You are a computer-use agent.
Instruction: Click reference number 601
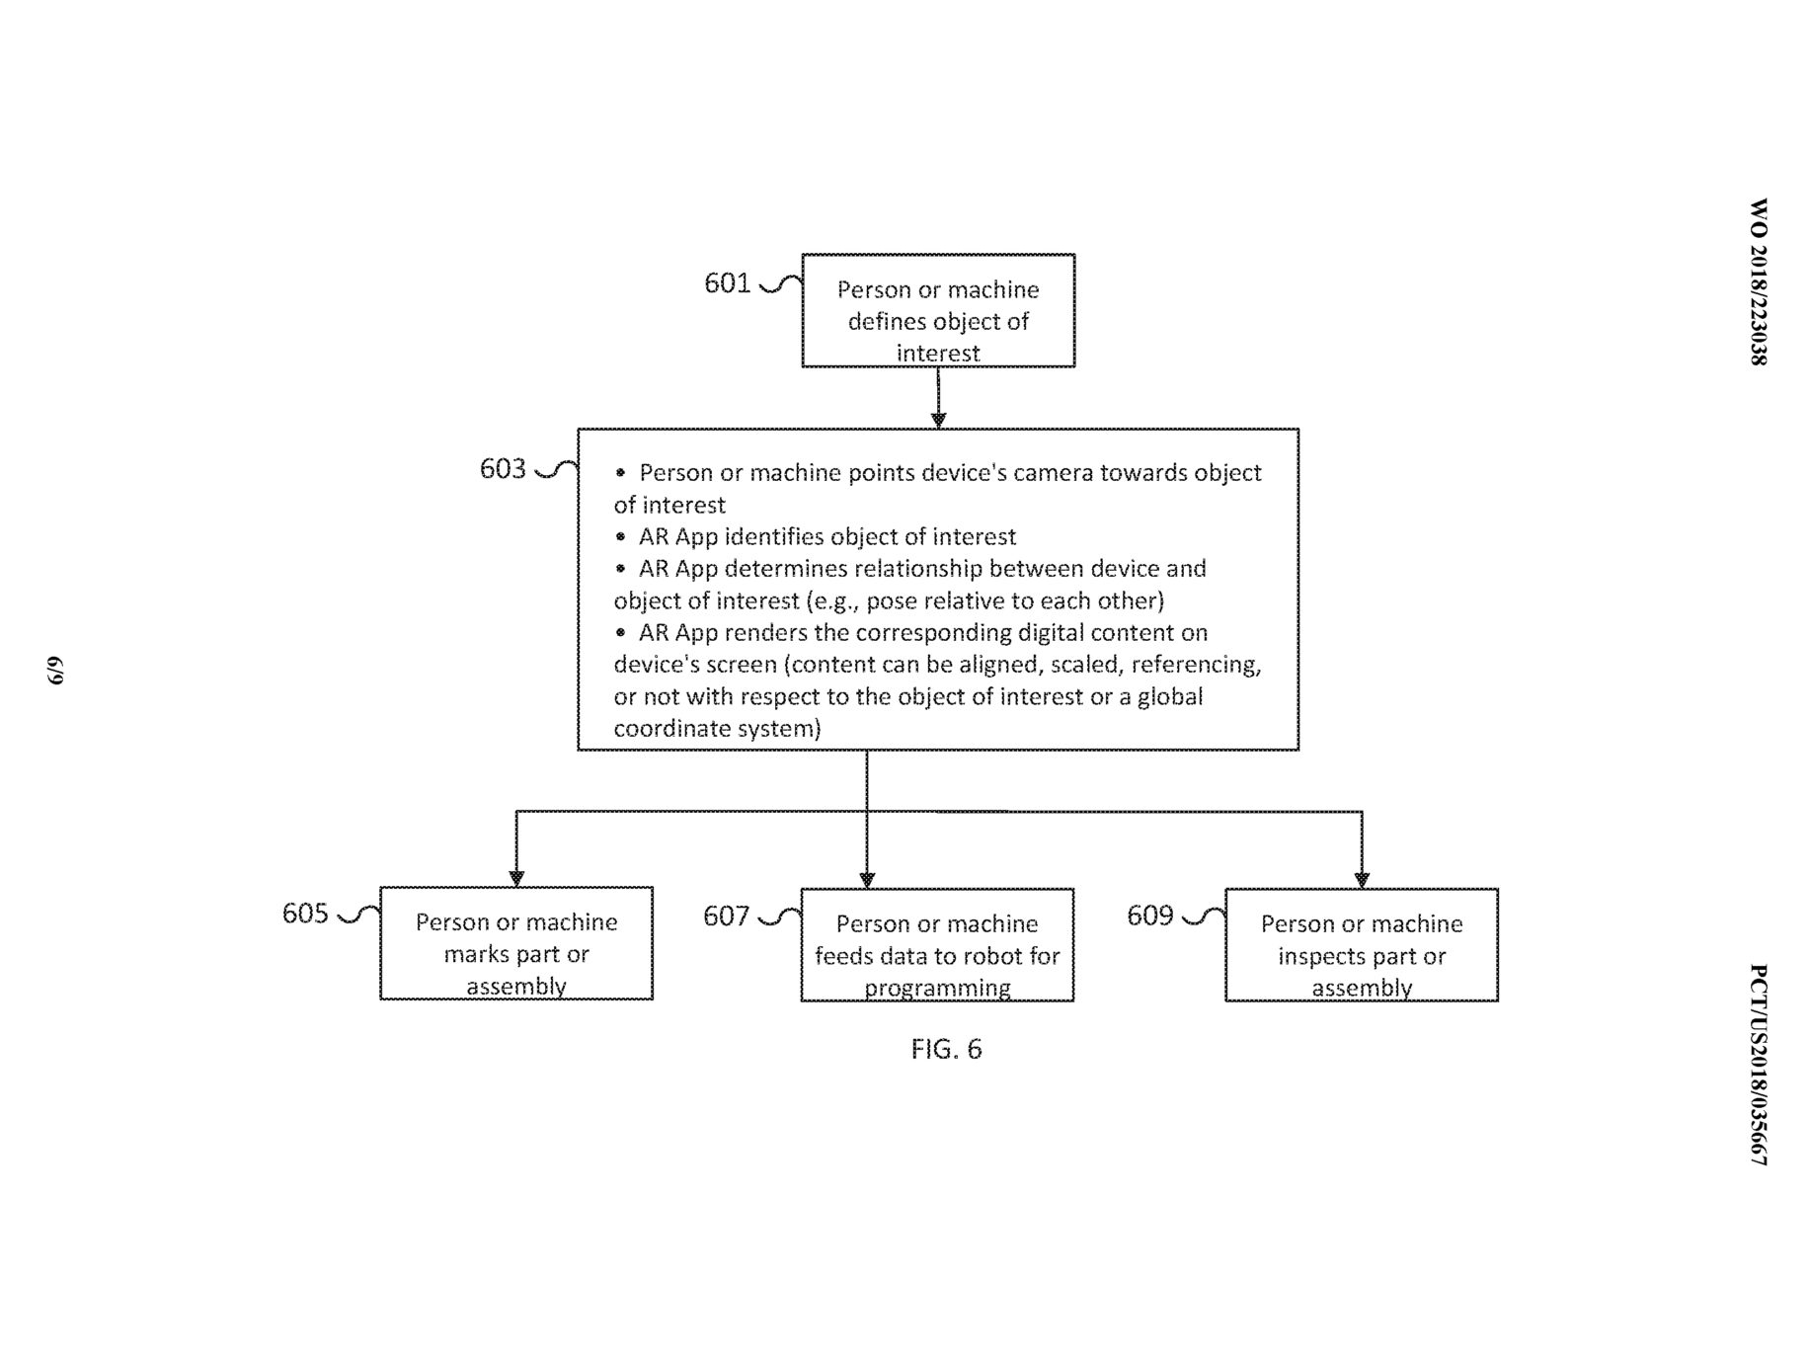pos(728,283)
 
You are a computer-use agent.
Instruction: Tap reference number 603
pos(504,468)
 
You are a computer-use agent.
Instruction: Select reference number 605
pos(305,913)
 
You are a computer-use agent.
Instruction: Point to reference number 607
pos(727,917)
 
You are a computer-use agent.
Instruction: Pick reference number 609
pos(1150,916)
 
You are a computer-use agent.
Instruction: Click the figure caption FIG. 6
pos(946,1049)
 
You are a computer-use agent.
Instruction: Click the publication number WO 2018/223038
pos(1759,282)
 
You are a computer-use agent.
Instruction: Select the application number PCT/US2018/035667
pos(1759,1065)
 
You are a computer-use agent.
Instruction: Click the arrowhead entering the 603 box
pos(938,421)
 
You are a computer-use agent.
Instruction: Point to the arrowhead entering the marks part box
pos(515,878)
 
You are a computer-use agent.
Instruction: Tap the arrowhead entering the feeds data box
pos(867,880)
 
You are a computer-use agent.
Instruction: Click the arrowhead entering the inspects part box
pos(1362,880)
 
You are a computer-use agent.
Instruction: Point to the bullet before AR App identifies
pos(620,536)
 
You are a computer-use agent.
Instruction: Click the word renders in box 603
pos(761,632)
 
